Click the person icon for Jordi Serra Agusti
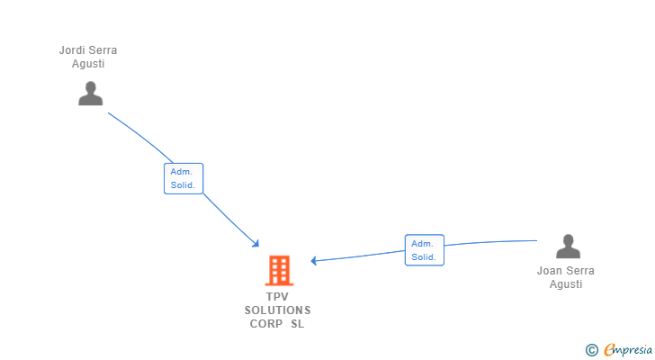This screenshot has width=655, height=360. [90, 94]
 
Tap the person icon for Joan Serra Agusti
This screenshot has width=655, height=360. [568, 247]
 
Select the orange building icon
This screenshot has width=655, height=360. [279, 270]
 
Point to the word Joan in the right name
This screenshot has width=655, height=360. [550, 271]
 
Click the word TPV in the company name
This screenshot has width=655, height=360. [277, 297]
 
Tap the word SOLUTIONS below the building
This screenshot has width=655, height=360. [277, 310]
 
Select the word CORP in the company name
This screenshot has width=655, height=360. [266, 324]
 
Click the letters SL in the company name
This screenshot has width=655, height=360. [298, 324]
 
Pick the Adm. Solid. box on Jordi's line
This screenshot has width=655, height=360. [184, 178]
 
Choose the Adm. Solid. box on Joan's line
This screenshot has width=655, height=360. [424, 249]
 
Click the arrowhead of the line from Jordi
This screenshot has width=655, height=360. [256, 243]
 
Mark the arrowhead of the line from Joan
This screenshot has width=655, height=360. [315, 261]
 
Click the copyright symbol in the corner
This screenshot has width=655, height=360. [591, 350]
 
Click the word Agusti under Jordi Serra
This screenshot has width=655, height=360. [88, 64]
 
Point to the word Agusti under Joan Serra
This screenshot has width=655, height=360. [566, 284]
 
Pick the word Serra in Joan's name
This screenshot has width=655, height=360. [580, 271]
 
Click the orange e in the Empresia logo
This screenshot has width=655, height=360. [609, 349]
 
